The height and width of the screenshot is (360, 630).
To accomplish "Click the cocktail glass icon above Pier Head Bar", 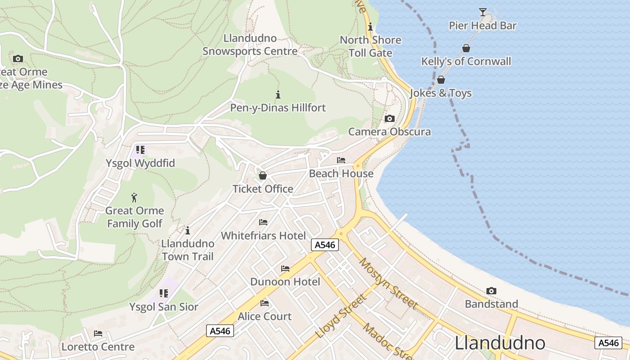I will (483, 12).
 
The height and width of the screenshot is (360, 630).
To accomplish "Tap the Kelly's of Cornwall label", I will (466, 61).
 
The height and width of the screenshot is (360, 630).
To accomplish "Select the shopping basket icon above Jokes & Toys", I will (441, 80).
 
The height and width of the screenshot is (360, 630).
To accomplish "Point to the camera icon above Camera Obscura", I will (390, 118).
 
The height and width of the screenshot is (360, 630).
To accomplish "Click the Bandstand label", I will (491, 304).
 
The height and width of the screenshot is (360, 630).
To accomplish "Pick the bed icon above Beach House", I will (341, 160).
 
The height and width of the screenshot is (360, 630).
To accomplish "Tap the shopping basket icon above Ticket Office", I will (263, 175).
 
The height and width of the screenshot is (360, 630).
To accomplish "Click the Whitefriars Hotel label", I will (263, 236).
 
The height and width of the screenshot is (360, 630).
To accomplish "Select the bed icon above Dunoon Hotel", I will (285, 269).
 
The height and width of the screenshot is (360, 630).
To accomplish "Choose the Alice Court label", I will (265, 316).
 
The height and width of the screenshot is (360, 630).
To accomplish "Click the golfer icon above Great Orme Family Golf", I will (134, 198).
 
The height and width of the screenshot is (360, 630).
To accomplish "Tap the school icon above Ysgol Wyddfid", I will (140, 149).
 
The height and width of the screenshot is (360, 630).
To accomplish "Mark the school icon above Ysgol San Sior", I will (164, 293).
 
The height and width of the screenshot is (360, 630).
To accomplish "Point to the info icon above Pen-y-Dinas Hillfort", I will (278, 94).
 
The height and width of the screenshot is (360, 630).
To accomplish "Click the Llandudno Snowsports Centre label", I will (250, 45).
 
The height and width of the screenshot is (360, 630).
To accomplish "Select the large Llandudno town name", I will (500, 343).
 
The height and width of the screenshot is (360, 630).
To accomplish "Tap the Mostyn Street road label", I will (389, 283).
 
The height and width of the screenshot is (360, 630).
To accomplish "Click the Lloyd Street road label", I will (341, 316).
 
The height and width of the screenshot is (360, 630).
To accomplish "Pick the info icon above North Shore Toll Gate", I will (370, 27).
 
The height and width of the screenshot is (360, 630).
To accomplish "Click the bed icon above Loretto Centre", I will (98, 333).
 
